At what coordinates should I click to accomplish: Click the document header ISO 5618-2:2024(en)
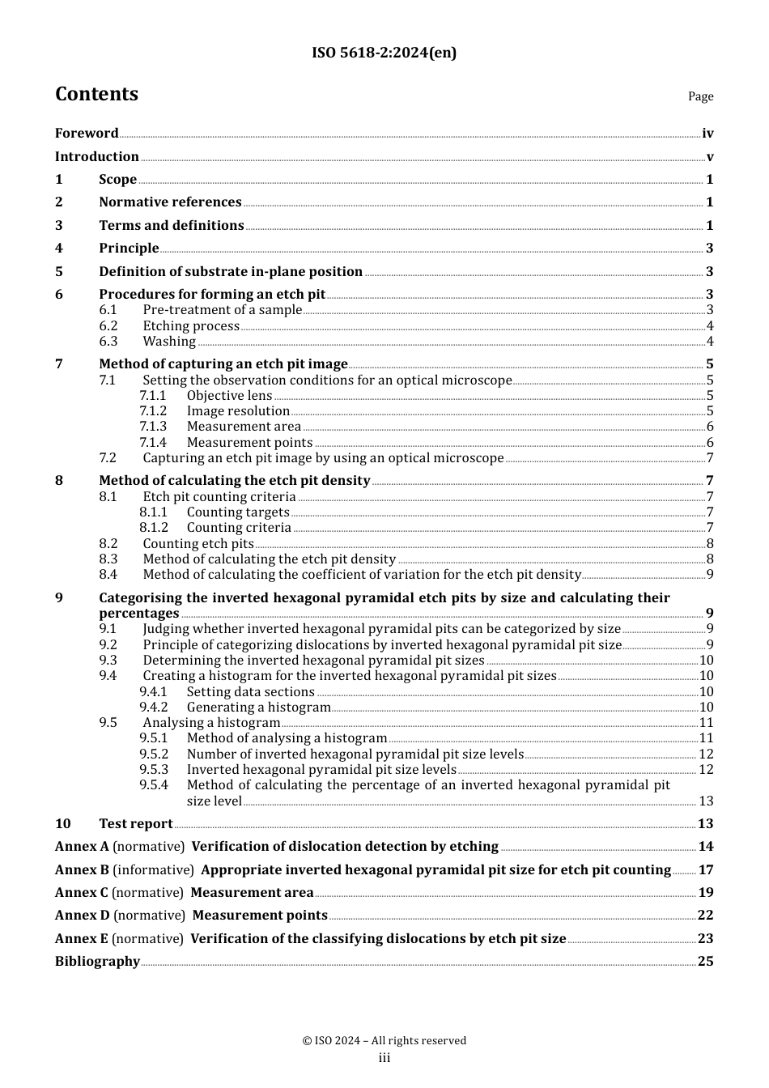click(x=384, y=53)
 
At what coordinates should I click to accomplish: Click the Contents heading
click(x=96, y=95)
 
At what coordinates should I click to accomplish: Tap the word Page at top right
click(x=700, y=96)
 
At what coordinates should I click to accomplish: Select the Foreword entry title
click(x=87, y=134)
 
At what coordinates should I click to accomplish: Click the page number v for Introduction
click(x=710, y=157)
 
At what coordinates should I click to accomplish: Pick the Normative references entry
click(x=170, y=202)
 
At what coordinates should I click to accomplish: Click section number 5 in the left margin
click(x=59, y=272)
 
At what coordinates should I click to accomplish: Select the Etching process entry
click(x=191, y=326)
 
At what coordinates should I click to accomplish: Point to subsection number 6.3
click(x=108, y=342)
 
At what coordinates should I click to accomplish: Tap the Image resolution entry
click(x=238, y=411)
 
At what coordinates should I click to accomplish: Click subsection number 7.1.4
click(x=152, y=443)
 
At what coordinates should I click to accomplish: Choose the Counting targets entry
click(x=238, y=512)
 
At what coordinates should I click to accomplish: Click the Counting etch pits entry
click(x=198, y=544)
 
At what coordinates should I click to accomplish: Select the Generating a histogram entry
click(x=258, y=708)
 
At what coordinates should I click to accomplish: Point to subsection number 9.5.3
click(x=153, y=770)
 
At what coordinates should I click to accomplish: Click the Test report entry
click(x=135, y=824)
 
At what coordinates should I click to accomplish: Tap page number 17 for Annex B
click(x=706, y=870)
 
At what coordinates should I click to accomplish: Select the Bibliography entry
click(x=97, y=962)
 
